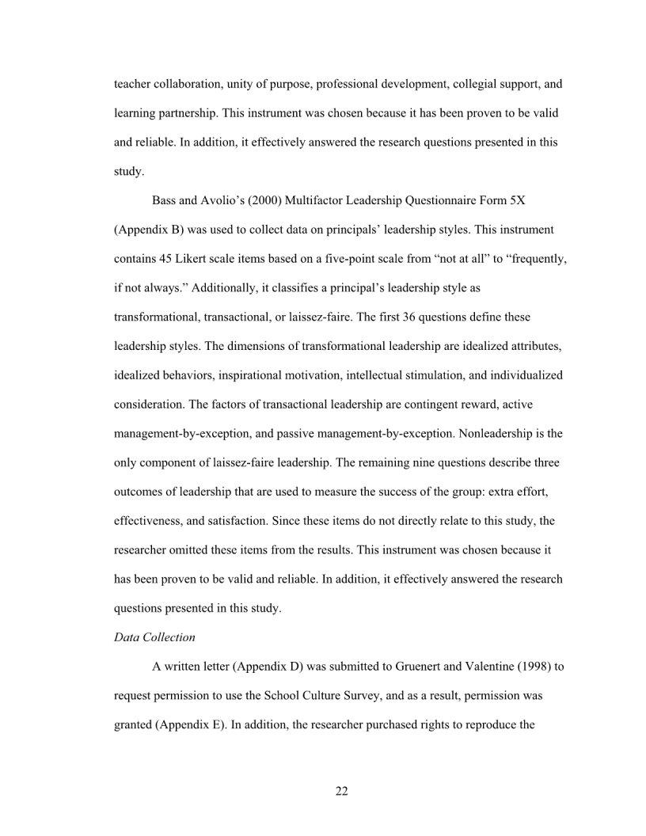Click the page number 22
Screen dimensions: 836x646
click(x=341, y=791)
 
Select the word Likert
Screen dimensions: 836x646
click(x=196, y=259)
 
